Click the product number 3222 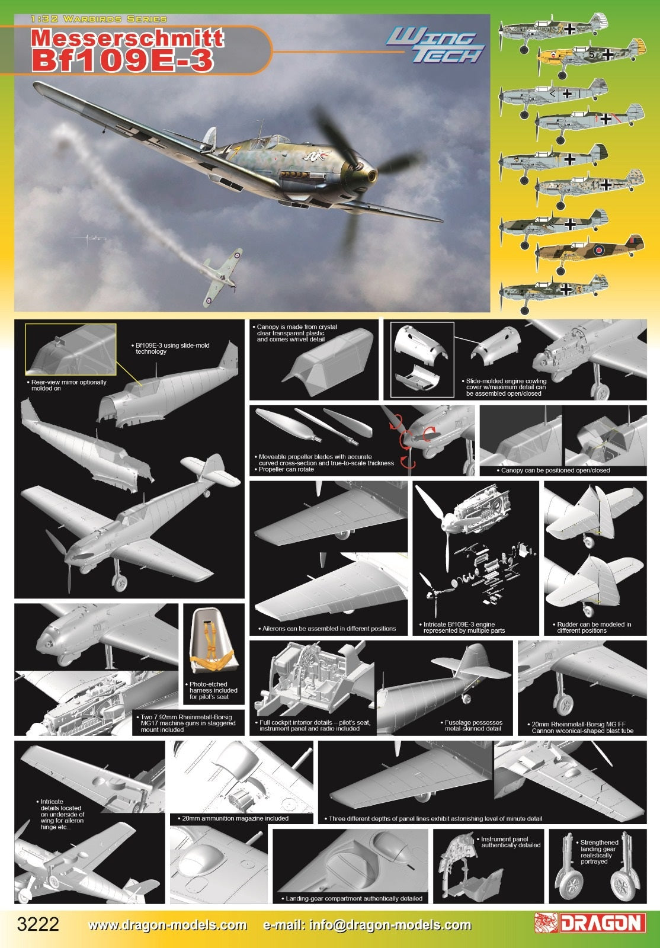pyautogui.click(x=38, y=924)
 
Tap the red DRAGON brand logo pyautogui.click(x=589, y=923)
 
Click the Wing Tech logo pyautogui.click(x=435, y=46)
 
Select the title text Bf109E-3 pyautogui.click(x=122, y=60)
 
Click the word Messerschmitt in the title pyautogui.click(x=127, y=38)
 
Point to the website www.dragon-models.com pyautogui.click(x=168, y=925)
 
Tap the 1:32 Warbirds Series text pyautogui.click(x=99, y=19)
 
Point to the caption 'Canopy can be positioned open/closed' pyautogui.click(x=555, y=470)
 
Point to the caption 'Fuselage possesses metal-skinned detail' pyautogui.click(x=473, y=725)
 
